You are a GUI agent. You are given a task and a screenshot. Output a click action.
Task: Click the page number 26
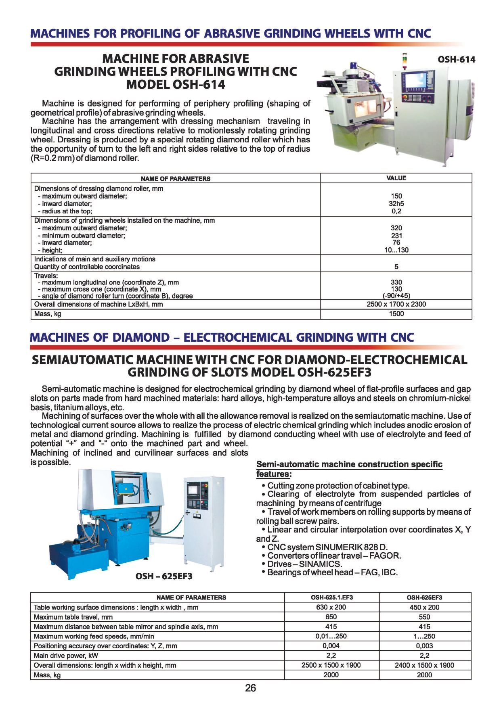pyautogui.click(x=250, y=688)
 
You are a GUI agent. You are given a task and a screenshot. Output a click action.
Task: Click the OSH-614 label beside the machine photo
pyautogui.click(x=456, y=60)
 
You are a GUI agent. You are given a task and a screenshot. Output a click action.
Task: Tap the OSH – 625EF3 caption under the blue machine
pyautogui.click(x=164, y=576)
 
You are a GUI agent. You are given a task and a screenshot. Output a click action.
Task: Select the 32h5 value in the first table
pyautogui.click(x=396, y=204)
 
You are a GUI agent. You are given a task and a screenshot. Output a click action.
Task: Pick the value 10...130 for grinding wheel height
pyautogui.click(x=396, y=250)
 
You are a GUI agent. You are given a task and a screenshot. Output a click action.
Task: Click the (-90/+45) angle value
pyautogui.click(x=396, y=296)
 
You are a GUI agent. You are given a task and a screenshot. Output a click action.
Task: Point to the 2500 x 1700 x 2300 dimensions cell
pyautogui.click(x=396, y=304)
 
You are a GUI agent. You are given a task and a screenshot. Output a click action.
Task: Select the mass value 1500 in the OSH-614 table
pyautogui.click(x=396, y=314)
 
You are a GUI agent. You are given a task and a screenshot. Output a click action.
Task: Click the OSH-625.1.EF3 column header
pyautogui.click(x=331, y=597)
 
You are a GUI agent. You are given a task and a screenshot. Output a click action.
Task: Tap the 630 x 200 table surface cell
pyautogui.click(x=331, y=607)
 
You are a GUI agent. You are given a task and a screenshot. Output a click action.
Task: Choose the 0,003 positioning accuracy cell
pyautogui.click(x=424, y=646)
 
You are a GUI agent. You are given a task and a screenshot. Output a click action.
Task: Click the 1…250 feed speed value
pyautogui.click(x=424, y=636)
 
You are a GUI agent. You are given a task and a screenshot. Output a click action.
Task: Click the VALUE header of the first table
pyautogui.click(x=396, y=178)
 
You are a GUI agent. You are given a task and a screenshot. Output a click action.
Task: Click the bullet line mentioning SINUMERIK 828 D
pyautogui.click(x=327, y=547)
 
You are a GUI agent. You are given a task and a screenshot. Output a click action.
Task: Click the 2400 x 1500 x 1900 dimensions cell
pyautogui.click(x=424, y=665)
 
